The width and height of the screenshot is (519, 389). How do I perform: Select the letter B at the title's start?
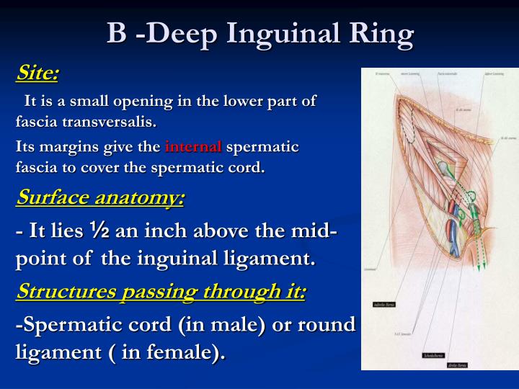(x=117, y=34)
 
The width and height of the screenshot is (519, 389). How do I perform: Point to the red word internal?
(x=194, y=147)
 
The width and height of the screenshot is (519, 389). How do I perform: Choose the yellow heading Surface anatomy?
(x=99, y=197)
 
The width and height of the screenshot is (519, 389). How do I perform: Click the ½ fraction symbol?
(x=99, y=232)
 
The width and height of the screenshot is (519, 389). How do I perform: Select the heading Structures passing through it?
(x=161, y=291)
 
